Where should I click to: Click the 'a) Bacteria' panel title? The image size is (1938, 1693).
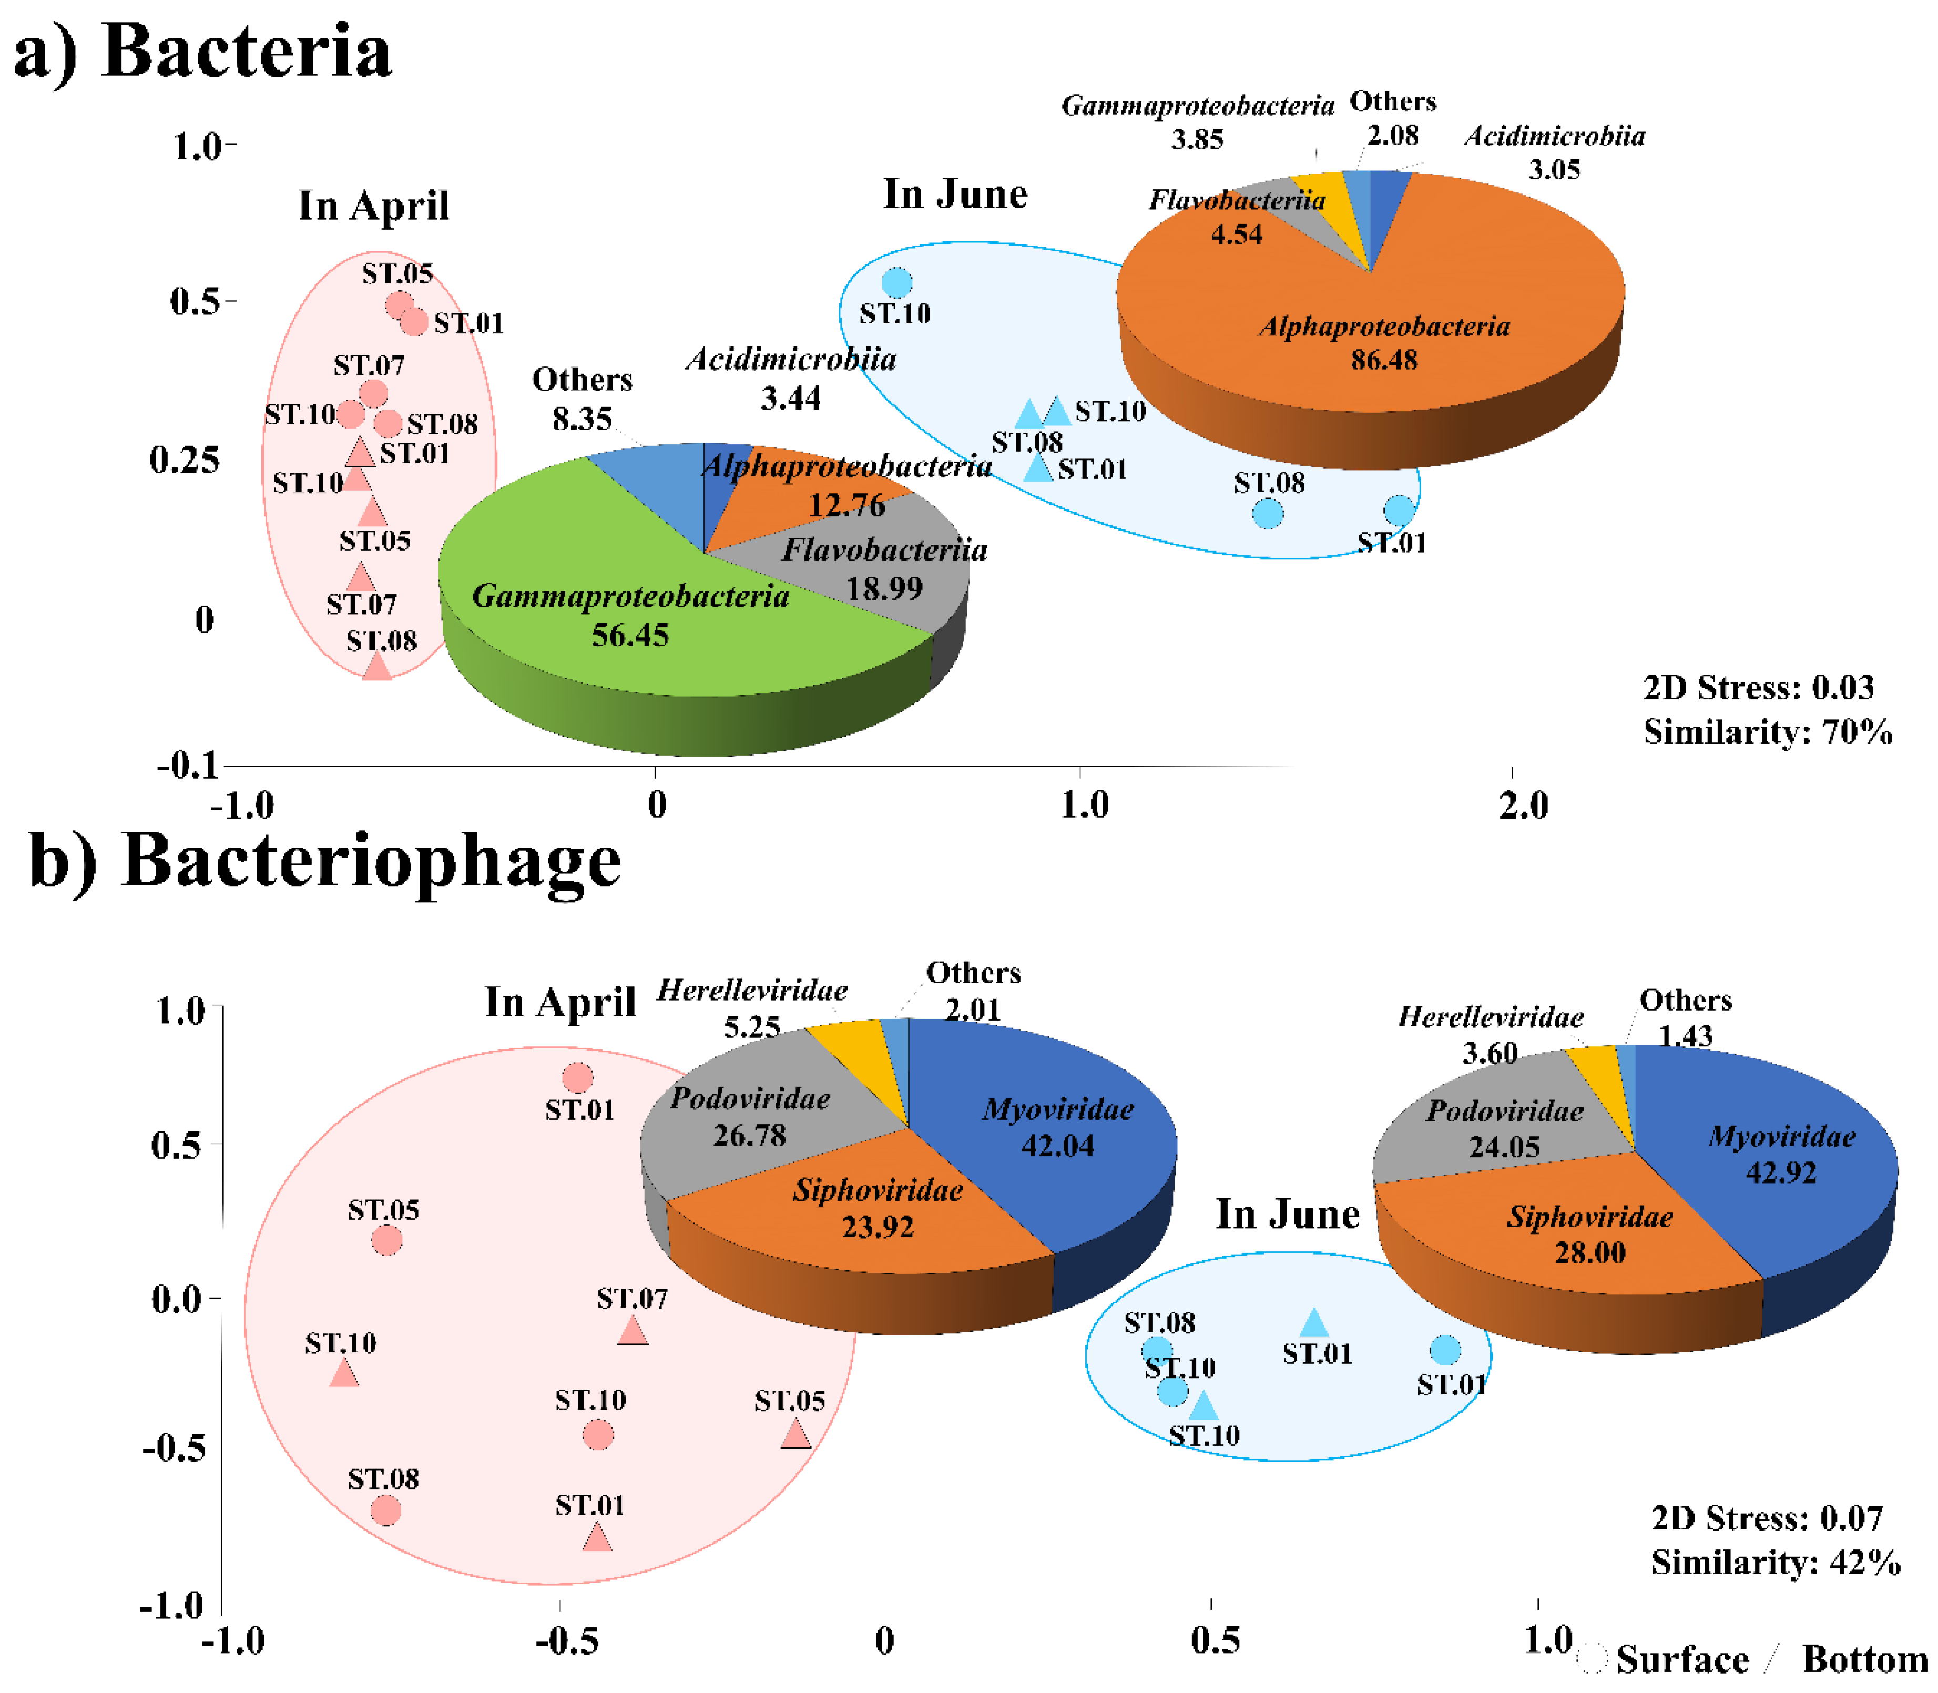(202, 52)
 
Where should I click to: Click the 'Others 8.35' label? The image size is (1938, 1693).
(582, 397)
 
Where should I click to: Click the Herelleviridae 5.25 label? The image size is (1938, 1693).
(751, 1007)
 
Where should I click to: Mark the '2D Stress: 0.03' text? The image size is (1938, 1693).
(1758, 687)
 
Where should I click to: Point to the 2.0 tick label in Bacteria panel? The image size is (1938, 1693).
(1523, 805)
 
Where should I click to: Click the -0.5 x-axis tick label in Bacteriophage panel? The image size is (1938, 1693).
(567, 1641)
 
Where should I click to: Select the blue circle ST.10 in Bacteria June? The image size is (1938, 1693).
(897, 281)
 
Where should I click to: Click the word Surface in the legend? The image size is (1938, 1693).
(1682, 1660)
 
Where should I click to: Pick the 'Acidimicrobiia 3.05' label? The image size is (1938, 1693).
(1554, 152)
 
